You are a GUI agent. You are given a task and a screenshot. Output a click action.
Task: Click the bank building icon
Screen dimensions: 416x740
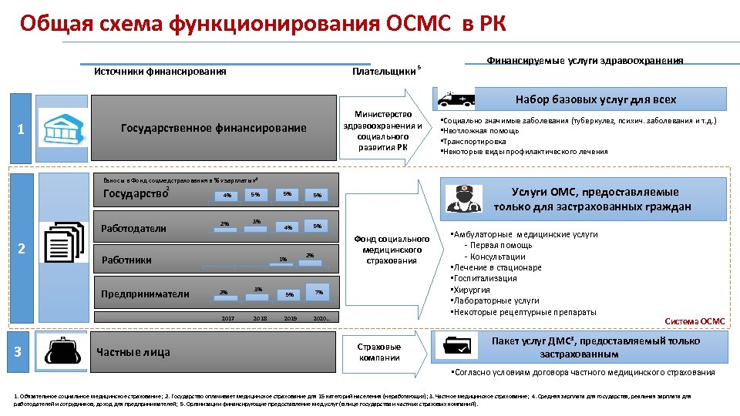(x=61, y=127)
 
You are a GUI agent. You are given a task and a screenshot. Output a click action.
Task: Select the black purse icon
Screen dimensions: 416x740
(x=61, y=352)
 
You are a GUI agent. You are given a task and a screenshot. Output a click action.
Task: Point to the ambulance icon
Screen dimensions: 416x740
(x=454, y=99)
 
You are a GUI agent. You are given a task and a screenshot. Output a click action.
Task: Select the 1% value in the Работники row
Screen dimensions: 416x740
(x=283, y=259)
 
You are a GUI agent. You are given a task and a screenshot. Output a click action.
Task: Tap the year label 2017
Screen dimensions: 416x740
(x=227, y=317)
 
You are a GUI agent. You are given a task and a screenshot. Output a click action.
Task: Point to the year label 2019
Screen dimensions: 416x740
(x=290, y=317)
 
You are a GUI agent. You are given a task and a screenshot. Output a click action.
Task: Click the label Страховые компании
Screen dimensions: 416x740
(x=379, y=352)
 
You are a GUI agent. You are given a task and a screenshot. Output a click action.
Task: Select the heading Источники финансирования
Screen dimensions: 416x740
(x=160, y=72)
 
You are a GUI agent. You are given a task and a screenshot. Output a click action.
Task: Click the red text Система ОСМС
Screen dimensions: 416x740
(x=695, y=321)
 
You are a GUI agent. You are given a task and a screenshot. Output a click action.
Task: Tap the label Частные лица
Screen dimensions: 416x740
(x=133, y=353)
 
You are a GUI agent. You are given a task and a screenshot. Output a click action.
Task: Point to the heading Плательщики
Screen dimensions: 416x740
(x=383, y=72)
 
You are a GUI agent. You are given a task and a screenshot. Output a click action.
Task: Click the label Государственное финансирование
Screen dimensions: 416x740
(x=214, y=128)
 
